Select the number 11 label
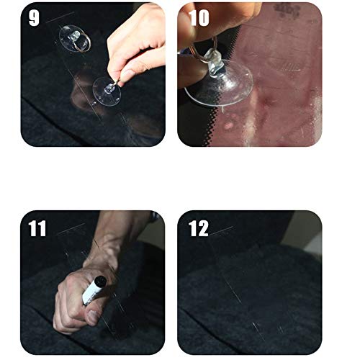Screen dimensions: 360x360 pyautogui.click(x=37, y=229)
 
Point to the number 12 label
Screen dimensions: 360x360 pyautogui.click(x=199, y=229)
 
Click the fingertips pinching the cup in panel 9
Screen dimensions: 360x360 pyautogui.click(x=120, y=75)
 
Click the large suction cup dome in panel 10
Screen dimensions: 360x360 pyautogui.click(x=216, y=86)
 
